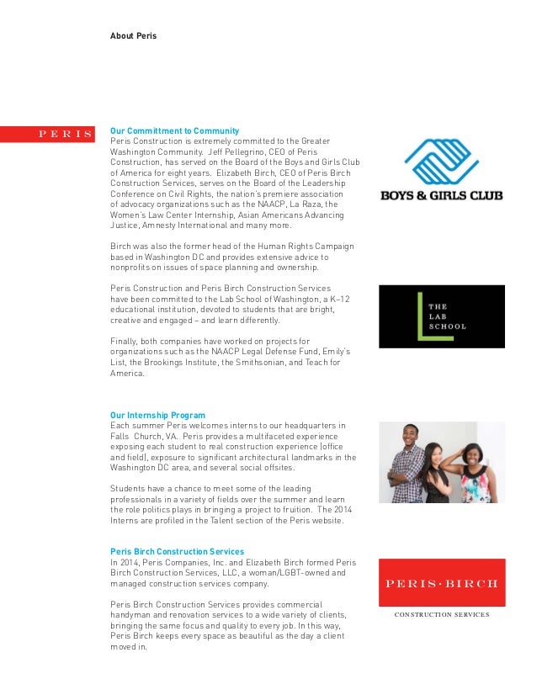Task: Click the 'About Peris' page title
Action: coord(133,36)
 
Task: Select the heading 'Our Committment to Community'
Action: coord(175,131)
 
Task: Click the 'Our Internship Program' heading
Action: coord(157,415)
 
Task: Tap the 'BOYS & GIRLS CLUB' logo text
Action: coord(441,195)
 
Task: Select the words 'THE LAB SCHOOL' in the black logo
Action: coord(447,316)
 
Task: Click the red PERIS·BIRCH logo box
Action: coord(441,582)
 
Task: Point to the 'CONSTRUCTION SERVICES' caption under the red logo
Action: coord(441,615)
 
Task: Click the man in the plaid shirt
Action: coord(409,467)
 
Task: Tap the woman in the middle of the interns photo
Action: coord(437,476)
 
